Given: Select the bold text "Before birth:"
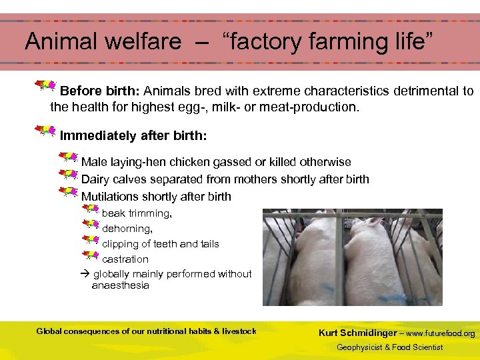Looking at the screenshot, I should point(100,91).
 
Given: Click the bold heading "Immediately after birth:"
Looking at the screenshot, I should point(133,136).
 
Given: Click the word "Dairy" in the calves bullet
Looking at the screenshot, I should point(95,179).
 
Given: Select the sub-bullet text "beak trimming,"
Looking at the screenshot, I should point(137,213).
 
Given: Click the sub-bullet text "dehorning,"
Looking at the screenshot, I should point(127,229).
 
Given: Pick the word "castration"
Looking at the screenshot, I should point(125,259).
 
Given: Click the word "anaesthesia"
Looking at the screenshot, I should point(121,285).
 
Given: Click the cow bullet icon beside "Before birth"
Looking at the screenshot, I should point(46,86).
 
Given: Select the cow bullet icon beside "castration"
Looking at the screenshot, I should point(90,255).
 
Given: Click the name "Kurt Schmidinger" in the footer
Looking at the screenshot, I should point(357,333).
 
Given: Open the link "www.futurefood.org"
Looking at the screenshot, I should point(441,333).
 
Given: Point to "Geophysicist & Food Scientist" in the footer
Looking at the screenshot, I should point(389,347).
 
